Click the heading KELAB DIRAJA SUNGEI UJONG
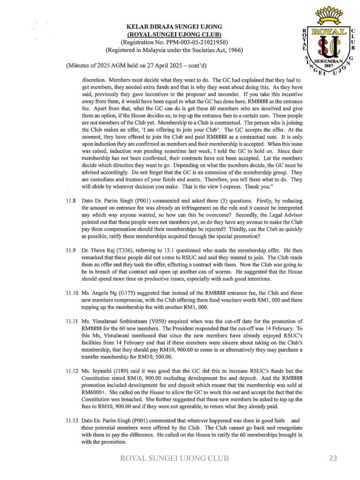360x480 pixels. pyautogui.click(x=174, y=27)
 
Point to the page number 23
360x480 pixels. pyautogui.click(x=333, y=458)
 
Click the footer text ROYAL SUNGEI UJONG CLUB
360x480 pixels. pyautogui.click(x=175, y=458)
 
